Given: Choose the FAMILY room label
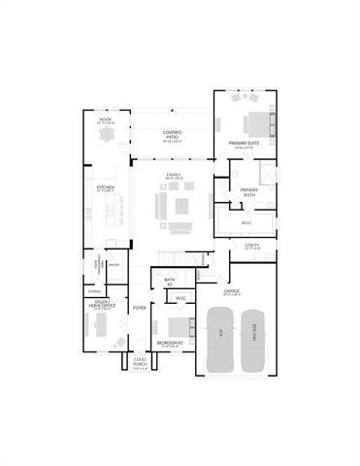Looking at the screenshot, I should [173, 176].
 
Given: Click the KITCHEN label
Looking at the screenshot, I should [105, 188].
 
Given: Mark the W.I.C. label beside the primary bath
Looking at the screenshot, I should [246, 222].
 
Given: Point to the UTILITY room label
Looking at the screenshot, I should [251, 247].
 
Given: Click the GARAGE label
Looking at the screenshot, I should [231, 290].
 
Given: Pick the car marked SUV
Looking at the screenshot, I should [219, 339].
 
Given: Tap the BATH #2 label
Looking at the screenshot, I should [169, 281].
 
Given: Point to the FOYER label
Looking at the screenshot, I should [139, 308].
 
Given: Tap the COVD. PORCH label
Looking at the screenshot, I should [139, 365].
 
